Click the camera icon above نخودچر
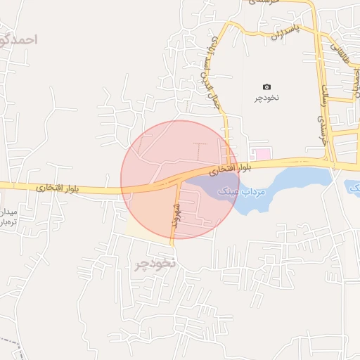266,86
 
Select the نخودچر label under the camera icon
266,98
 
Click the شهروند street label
176,211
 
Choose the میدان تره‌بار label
10,216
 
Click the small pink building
261,153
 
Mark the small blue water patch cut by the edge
352,188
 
